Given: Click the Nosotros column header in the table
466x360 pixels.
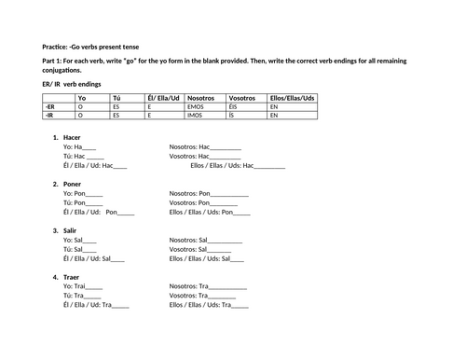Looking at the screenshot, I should pos(200,97).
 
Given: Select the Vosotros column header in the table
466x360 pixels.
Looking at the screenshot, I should pos(241,97).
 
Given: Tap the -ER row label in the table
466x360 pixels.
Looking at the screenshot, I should pos(50,106).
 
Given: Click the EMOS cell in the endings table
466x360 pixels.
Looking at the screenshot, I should pos(196,106).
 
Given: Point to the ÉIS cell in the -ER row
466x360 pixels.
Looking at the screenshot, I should pos(233,106).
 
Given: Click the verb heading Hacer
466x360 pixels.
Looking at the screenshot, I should pos(73,138).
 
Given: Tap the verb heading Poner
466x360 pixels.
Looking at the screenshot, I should pos(74,184).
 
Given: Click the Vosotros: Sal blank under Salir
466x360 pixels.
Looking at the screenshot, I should pos(225,250).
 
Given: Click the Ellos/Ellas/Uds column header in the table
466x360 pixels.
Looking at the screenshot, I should pos(292,97).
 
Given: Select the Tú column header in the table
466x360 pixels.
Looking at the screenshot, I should pos(116,97).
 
